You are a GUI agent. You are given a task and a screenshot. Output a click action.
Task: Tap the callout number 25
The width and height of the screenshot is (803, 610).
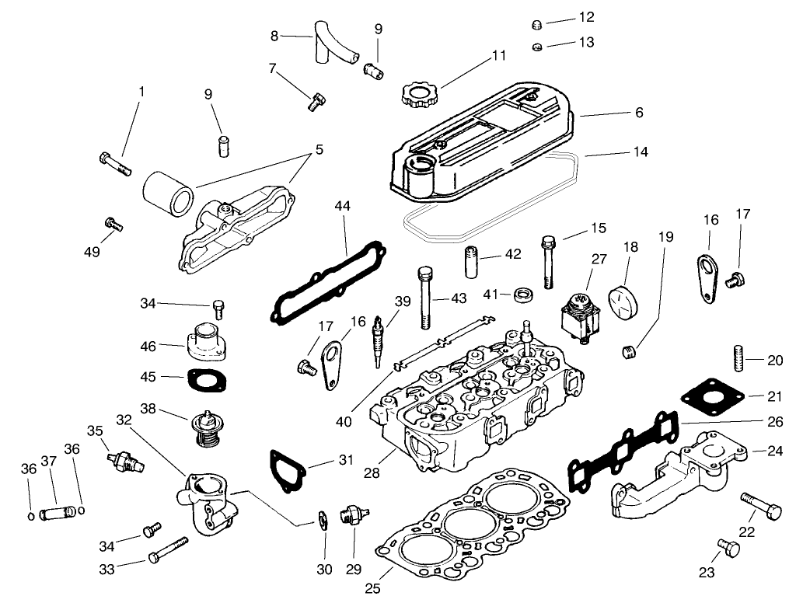373,588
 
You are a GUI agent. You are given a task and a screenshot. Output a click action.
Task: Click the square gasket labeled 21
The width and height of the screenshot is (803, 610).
710,394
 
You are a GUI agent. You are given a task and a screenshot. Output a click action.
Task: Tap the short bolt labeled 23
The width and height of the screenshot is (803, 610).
729,548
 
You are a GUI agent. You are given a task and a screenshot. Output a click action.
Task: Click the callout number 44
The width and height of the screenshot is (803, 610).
343,206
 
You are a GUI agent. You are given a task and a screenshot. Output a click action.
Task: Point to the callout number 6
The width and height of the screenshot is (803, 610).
639,113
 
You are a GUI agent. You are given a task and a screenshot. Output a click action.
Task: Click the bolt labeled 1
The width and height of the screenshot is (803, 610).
114,163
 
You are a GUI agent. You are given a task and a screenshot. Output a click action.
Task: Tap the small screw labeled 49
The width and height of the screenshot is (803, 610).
113,224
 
